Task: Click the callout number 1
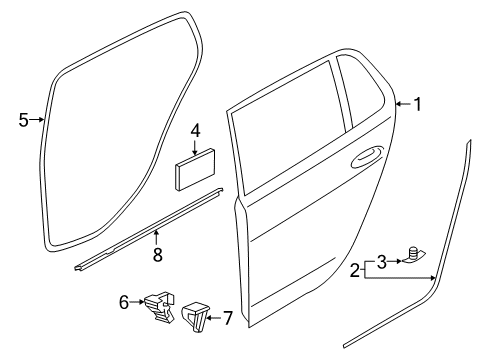[x=417, y=104]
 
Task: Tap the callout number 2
[x=355, y=270]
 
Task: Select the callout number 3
[x=381, y=261]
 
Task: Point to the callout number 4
[x=196, y=130]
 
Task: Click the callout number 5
[x=23, y=120]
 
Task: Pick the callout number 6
[x=124, y=302]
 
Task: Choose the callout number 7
[x=228, y=318]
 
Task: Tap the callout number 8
[x=157, y=255]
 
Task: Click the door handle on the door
[x=366, y=156]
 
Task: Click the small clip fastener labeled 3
[x=414, y=255]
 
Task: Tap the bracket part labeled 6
[x=160, y=306]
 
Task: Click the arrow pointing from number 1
[x=403, y=104]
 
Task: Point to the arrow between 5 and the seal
[x=37, y=120]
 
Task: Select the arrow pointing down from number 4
[x=196, y=147]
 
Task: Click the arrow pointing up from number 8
[x=156, y=238]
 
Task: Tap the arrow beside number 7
[x=214, y=318]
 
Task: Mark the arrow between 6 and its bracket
[x=137, y=302]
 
